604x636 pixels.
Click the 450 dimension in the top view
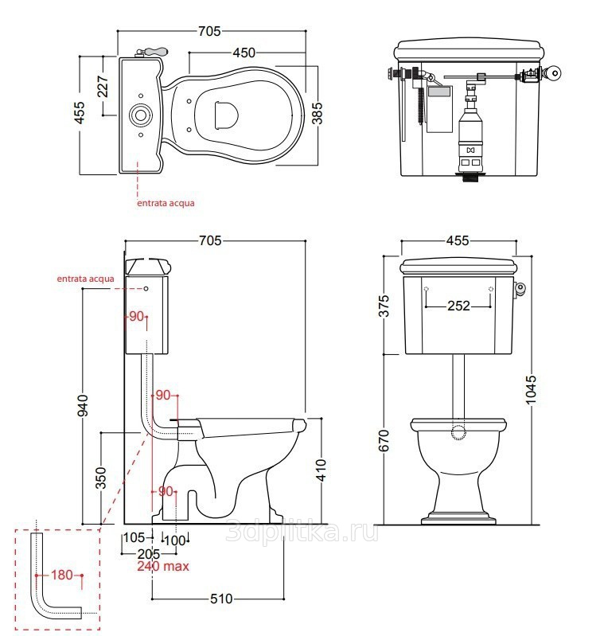pos(244,53)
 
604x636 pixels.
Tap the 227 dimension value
pos(103,86)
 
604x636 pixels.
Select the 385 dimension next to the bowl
pos(317,113)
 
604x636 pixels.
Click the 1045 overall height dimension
pos(530,389)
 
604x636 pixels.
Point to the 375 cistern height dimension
pos(384,306)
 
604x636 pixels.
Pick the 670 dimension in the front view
pos(384,440)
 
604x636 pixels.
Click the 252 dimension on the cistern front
pos(458,306)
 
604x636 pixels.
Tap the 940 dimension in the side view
pos(82,405)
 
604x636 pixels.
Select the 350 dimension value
pos(100,478)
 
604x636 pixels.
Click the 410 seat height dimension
pos(321,470)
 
